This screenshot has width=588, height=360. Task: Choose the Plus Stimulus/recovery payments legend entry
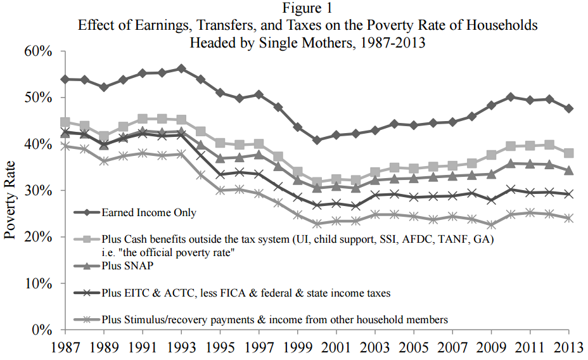pyautogui.click(x=274, y=320)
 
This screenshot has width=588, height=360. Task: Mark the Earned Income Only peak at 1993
pyautogui.click(x=181, y=68)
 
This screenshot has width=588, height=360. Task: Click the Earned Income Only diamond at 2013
pyautogui.click(x=568, y=108)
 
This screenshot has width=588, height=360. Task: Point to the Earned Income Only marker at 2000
pyautogui.click(x=316, y=139)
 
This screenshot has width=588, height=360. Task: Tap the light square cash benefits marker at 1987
pyautogui.click(x=65, y=122)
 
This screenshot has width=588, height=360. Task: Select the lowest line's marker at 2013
pyautogui.click(x=568, y=218)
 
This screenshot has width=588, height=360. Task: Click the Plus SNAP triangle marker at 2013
pyautogui.click(x=568, y=170)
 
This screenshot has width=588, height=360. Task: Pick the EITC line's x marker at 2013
pyautogui.click(x=568, y=194)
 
